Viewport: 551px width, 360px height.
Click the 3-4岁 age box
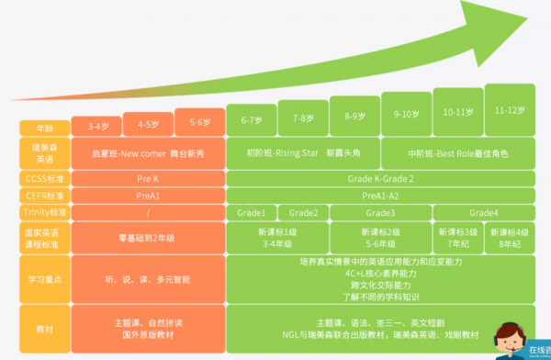[98, 125]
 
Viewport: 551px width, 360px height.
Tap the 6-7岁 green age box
[252, 119]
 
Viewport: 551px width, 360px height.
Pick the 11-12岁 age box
[510, 110]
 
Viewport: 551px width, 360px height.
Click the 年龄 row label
[45, 129]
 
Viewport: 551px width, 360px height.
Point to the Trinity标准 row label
[45, 212]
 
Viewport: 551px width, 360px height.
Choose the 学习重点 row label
[45, 278]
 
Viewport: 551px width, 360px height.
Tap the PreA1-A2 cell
[379, 195]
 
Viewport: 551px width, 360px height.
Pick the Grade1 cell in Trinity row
[251, 212]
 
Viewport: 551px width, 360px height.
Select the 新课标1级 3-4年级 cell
[277, 237]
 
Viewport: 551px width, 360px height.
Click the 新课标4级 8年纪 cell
[510, 237]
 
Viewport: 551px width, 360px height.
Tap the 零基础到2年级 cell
[149, 237]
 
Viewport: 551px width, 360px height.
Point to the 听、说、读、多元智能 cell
[149, 278]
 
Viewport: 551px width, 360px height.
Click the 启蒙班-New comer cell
[149, 152]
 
